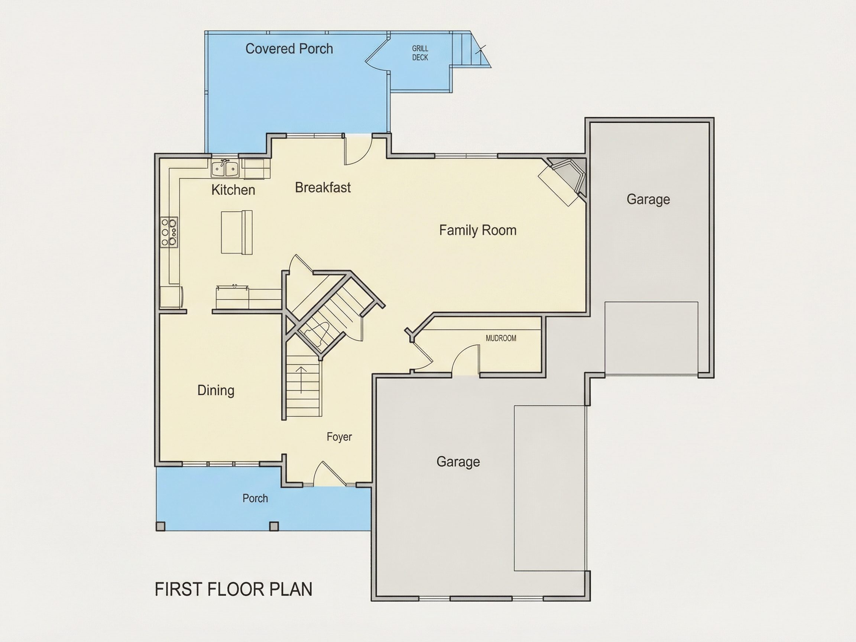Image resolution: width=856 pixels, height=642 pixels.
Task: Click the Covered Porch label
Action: coord(289,49)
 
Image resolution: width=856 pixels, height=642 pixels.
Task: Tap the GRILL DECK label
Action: coord(420,53)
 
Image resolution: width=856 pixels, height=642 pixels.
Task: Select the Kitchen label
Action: coord(233,190)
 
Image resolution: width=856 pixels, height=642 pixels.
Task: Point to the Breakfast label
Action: coord(323,188)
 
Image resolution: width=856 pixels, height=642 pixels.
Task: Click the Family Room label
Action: coord(477,230)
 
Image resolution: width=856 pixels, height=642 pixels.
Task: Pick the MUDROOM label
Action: coord(501,338)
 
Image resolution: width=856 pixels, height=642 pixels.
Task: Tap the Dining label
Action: coord(216,390)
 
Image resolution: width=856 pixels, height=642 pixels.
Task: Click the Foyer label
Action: coord(339,437)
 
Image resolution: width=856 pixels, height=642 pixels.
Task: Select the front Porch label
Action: coord(255,498)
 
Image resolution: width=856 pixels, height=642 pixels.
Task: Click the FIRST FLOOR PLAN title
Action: coord(233,589)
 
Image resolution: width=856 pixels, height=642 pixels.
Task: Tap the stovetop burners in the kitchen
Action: coord(169,231)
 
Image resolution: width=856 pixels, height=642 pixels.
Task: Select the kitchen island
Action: coord(236,232)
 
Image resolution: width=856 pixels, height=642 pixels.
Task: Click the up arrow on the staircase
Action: coord(301,380)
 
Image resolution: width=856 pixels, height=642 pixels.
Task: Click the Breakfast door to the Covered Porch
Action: coord(358,149)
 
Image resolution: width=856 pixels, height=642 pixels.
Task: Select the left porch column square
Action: coord(160,526)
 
